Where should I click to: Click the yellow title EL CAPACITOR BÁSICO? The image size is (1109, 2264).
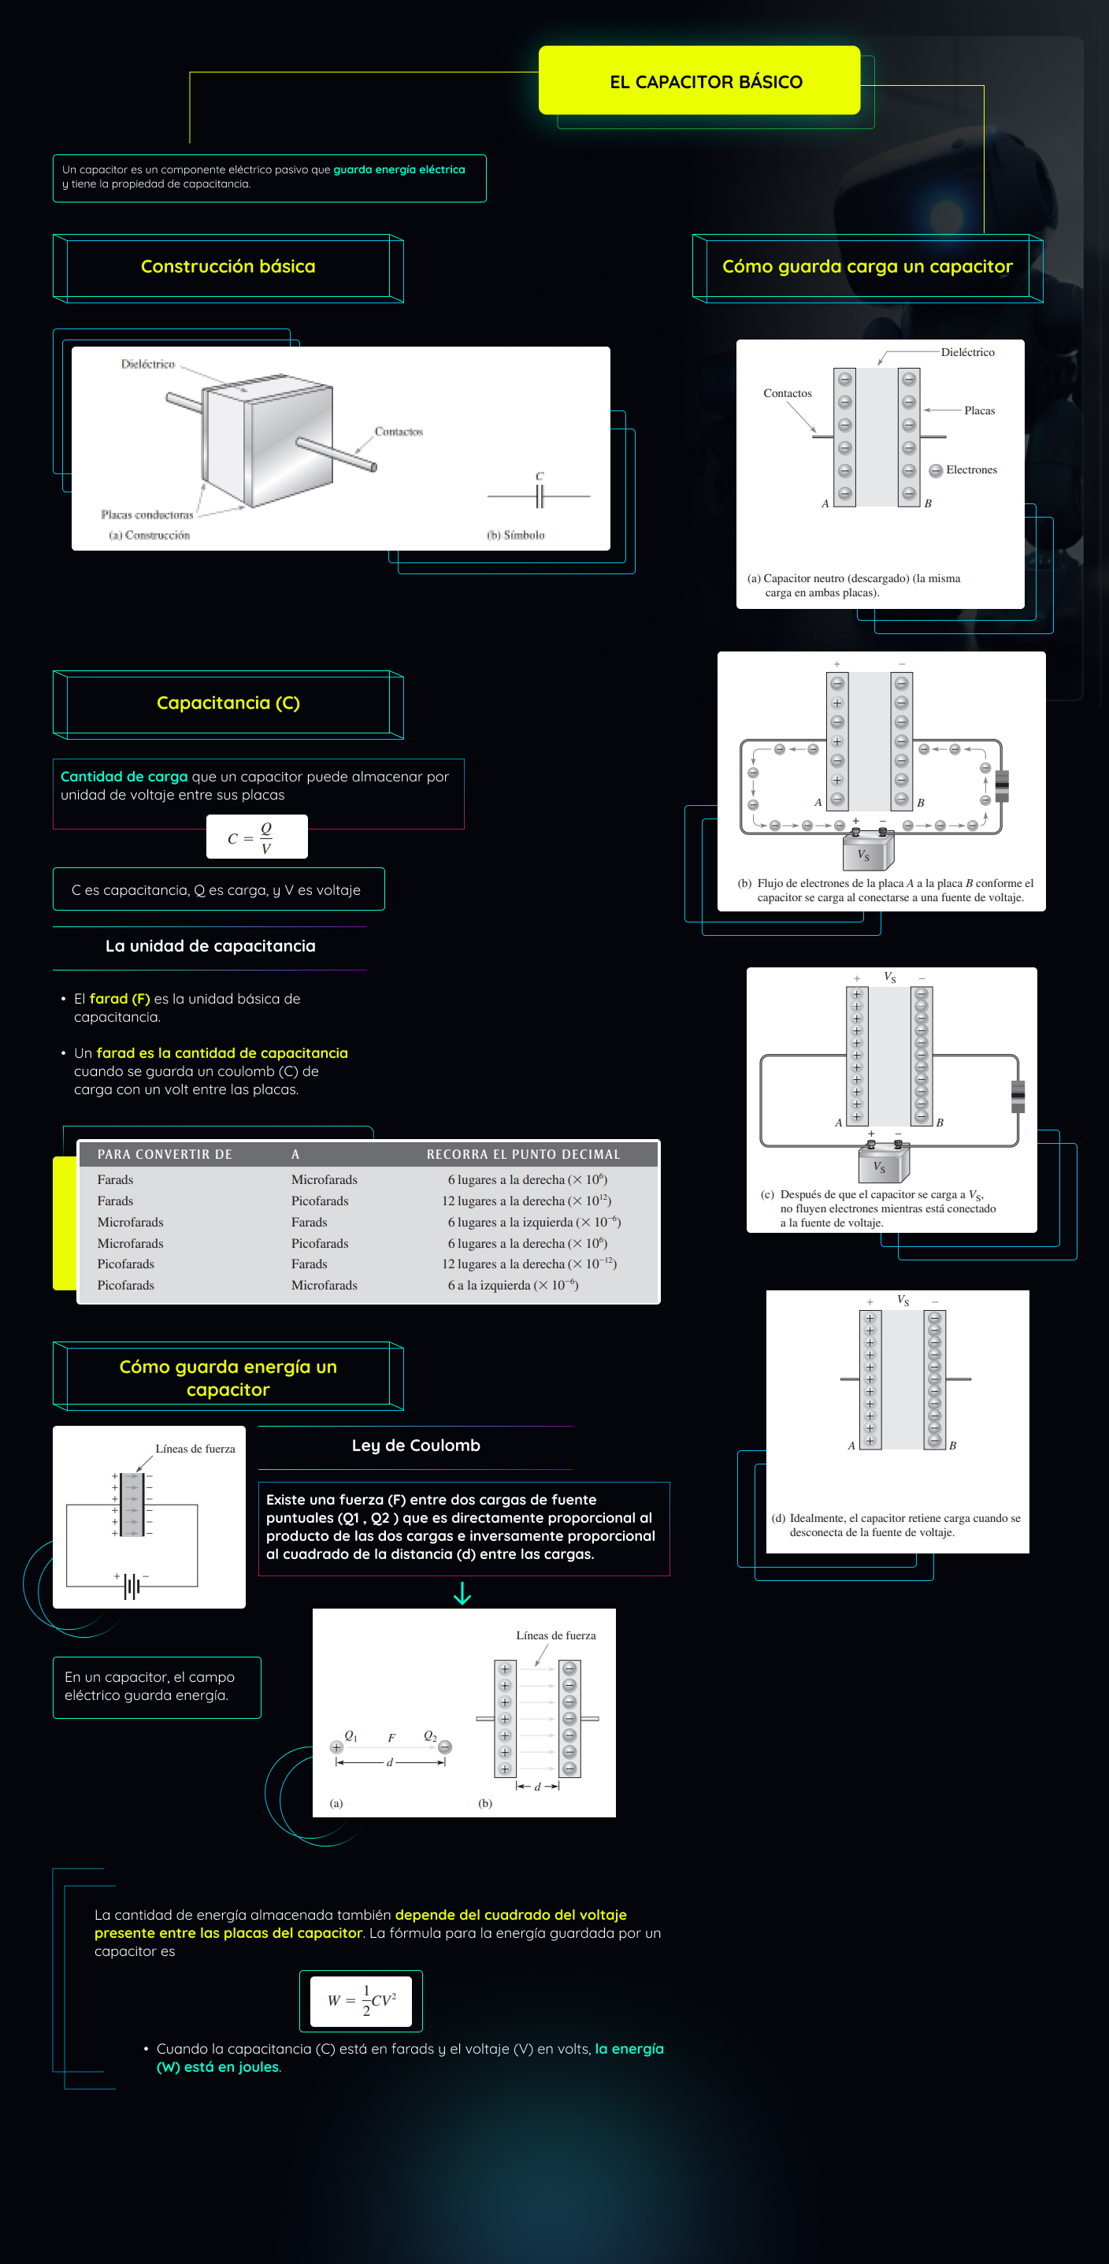706,82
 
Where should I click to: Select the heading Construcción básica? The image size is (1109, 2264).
228,266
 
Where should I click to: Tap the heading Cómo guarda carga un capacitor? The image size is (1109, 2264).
866,266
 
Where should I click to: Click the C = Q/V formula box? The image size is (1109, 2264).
257,837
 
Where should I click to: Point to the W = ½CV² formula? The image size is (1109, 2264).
362,2000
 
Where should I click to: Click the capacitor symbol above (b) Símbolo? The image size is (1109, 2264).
540,495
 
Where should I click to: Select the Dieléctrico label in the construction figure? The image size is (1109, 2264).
147,364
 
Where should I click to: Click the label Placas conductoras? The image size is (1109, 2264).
147,515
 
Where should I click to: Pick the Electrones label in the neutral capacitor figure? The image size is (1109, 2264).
970,470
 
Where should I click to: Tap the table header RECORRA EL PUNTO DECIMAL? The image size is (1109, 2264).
523,1154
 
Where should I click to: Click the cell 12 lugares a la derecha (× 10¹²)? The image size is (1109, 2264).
525,1201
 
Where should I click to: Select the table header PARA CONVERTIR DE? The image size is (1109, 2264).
165,1154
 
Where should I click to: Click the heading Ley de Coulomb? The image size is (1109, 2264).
416,1446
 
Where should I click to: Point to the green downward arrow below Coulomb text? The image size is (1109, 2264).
462,1594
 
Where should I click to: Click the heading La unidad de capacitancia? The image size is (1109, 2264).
210,947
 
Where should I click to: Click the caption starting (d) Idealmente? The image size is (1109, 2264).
896,1525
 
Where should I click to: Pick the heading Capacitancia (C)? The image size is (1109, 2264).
228,703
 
